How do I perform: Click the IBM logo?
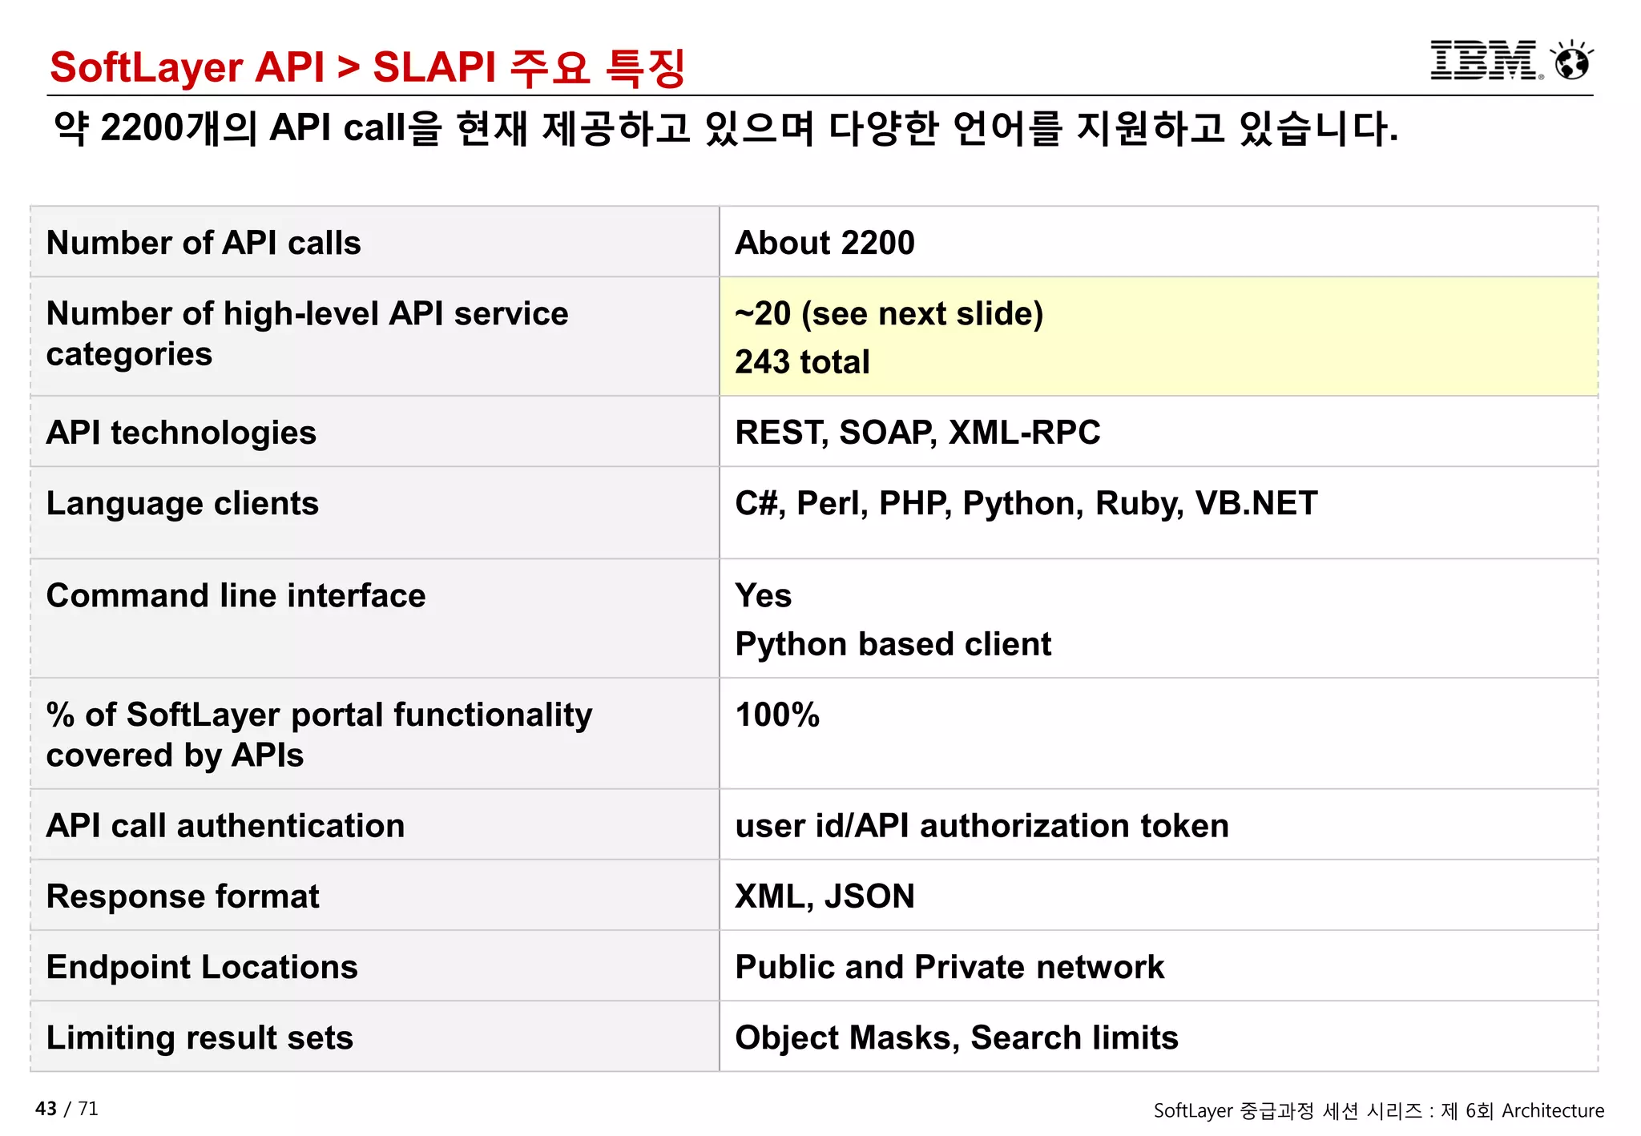click(1484, 61)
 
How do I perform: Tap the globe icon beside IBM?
click(1571, 62)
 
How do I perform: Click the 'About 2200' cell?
click(825, 243)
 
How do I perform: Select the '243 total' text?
click(802, 362)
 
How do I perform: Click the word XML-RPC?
click(1024, 433)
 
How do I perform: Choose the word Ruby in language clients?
click(1139, 503)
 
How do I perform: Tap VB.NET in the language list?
click(1256, 503)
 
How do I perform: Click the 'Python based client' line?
click(893, 644)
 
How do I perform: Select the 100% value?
click(777, 715)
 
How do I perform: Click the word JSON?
click(869, 896)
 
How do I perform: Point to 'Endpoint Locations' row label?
click(202, 967)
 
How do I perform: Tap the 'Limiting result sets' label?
click(200, 1037)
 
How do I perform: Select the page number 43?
click(46, 1109)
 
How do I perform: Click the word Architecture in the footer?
click(1552, 1110)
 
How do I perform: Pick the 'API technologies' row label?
click(181, 433)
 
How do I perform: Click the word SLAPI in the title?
click(434, 66)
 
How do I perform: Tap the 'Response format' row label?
click(183, 896)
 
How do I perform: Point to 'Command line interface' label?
click(236, 595)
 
